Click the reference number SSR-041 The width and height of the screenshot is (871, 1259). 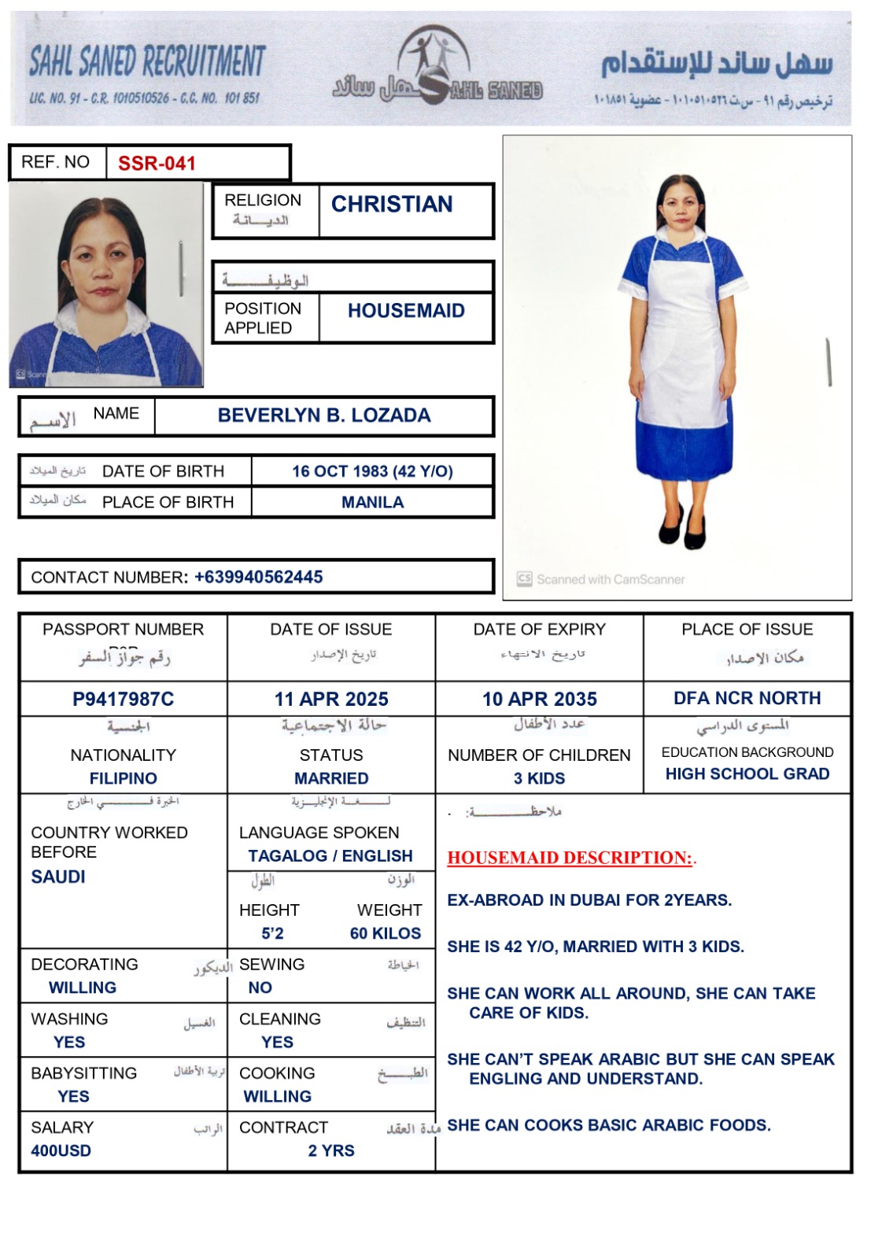coord(157,164)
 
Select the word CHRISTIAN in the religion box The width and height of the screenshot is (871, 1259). coord(392,205)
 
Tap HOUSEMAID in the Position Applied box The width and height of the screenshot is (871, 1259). coord(406,311)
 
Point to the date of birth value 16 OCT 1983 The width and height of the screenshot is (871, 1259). coord(372,471)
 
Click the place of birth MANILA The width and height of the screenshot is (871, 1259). coord(372,502)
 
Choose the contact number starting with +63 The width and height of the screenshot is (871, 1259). coord(258,577)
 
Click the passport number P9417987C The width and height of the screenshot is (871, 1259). coord(124,699)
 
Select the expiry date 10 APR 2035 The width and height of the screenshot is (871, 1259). coord(540,699)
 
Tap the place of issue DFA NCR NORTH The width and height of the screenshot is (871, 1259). coord(747,698)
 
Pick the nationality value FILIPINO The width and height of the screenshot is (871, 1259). coord(124,778)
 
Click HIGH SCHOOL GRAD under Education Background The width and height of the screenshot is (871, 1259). coord(747,773)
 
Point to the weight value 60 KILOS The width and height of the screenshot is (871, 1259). coord(386,933)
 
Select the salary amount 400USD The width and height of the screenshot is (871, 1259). coord(61,1150)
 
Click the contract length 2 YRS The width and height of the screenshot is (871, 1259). coord(331,1150)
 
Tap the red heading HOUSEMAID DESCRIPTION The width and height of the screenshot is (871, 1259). coord(570,858)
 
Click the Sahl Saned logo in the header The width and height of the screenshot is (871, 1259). coord(435,67)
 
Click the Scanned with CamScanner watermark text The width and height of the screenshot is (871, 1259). coord(610,580)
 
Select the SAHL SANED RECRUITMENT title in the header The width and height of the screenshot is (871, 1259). coord(147,62)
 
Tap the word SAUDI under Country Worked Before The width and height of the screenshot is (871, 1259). coord(58,877)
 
